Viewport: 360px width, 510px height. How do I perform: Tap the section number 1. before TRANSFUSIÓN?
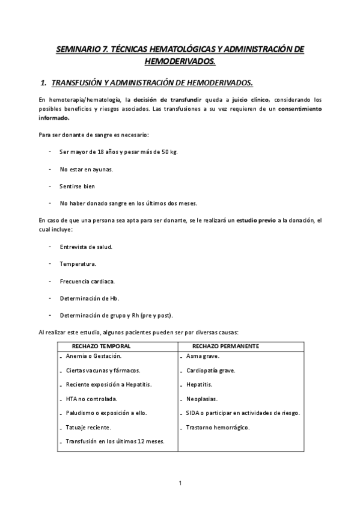click(x=43, y=81)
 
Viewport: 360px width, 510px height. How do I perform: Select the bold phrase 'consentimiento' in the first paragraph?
click(x=299, y=109)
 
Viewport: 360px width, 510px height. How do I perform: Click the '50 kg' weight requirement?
click(x=168, y=152)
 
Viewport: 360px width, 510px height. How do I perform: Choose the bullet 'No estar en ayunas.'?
click(x=86, y=169)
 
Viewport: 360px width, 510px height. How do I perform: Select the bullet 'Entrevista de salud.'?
click(x=86, y=247)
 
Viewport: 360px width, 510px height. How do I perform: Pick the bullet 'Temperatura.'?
click(x=78, y=264)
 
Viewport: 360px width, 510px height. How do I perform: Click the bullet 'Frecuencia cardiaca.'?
click(x=87, y=281)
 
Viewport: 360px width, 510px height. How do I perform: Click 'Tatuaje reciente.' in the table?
click(x=88, y=427)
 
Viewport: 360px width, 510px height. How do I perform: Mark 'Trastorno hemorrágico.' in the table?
click(x=218, y=427)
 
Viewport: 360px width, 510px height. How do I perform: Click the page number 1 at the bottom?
click(x=180, y=482)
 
